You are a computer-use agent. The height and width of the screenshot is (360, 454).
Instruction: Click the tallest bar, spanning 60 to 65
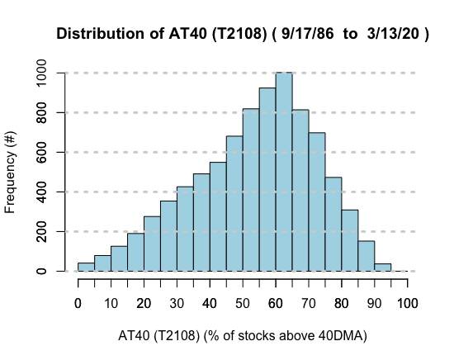[284, 172]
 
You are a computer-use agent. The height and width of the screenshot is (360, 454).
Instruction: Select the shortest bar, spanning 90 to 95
[383, 268]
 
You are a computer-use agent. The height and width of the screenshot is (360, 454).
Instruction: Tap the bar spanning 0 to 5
[87, 267]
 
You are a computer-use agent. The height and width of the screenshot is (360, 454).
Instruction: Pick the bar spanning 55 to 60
[267, 179]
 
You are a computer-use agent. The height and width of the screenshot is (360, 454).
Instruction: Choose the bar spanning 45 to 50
[234, 204]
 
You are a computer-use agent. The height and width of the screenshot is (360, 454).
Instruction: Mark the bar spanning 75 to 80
[333, 224]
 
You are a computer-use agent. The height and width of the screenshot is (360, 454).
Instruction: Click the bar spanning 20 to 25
[152, 244]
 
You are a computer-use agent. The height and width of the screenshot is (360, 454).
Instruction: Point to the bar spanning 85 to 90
[367, 256]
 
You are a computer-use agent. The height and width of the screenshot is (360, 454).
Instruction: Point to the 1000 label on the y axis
[41, 73]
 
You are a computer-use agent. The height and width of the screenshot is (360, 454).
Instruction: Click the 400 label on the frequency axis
[41, 192]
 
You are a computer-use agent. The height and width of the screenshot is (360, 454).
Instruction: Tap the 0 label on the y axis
[41, 271]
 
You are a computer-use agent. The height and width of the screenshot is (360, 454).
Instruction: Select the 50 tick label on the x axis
[243, 304]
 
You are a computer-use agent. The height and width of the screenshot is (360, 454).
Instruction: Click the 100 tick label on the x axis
[408, 304]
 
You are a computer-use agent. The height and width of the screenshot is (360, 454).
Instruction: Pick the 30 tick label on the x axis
[177, 304]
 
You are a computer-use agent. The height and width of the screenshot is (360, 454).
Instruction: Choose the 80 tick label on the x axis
[342, 304]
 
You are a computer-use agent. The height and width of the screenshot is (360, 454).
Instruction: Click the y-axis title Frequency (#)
[11, 173]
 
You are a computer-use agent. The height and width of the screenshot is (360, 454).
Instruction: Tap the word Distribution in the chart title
[101, 34]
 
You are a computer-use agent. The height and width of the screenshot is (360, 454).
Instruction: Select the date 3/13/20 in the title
[393, 34]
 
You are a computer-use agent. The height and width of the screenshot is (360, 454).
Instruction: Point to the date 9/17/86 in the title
[308, 34]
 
